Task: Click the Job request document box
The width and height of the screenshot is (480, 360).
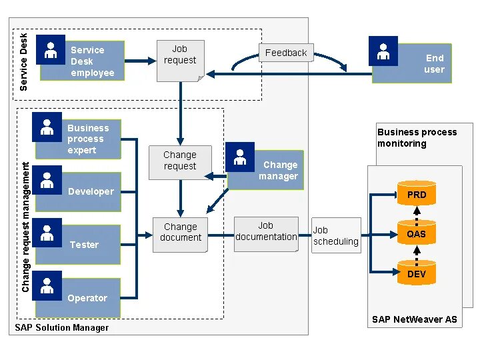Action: pos(180,60)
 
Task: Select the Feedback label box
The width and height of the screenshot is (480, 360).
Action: pos(286,53)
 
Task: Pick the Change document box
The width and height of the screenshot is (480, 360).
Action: pos(180,233)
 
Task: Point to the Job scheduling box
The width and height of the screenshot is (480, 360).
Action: pos(336,235)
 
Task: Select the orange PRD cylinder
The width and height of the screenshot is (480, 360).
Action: pos(417,194)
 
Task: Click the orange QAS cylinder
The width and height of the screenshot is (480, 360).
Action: pos(417,233)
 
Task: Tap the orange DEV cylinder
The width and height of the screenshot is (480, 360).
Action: pos(417,273)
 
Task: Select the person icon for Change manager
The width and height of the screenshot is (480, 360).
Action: pos(240,157)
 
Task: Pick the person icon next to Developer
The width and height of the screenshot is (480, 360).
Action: pos(47,180)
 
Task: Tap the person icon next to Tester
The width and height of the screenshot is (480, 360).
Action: pos(47,233)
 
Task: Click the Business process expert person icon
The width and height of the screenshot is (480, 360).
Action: pos(47,127)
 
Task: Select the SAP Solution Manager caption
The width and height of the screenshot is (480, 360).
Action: pos(62,327)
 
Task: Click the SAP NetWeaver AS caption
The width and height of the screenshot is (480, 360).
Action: pos(414,319)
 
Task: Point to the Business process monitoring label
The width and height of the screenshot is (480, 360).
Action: pos(417,137)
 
